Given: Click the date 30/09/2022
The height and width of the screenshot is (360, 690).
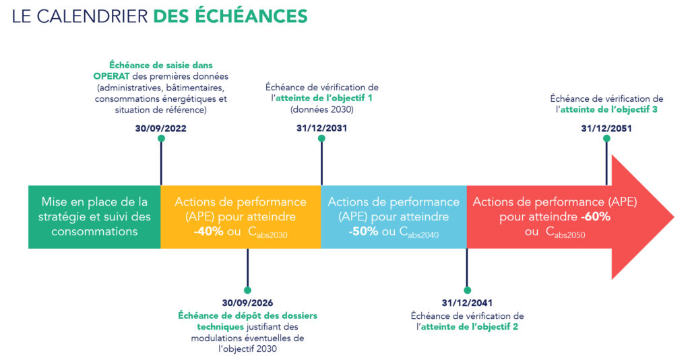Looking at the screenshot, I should pyautogui.click(x=160, y=127).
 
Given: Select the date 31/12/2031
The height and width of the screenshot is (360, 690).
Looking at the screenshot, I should pyautogui.click(x=321, y=127).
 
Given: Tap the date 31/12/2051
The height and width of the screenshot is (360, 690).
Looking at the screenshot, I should pyautogui.click(x=606, y=128).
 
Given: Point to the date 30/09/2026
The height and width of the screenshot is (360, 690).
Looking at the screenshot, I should pyautogui.click(x=247, y=303).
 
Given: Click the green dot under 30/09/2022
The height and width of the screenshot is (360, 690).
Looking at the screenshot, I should pyautogui.click(x=160, y=138).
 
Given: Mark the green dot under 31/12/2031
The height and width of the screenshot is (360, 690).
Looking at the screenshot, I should pyautogui.click(x=321, y=138).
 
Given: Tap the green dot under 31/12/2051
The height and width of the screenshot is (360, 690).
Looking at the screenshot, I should pyautogui.click(x=606, y=138).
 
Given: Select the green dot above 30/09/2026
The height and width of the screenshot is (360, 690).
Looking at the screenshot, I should pyautogui.click(x=247, y=290).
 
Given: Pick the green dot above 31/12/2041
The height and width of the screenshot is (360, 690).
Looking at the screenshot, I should pyautogui.click(x=466, y=290).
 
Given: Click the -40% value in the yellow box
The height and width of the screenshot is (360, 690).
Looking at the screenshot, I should pyautogui.click(x=209, y=232).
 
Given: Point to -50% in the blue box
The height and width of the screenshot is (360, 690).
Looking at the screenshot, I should pyautogui.click(x=363, y=232).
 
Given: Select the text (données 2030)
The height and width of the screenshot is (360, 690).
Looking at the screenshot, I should pyautogui.click(x=321, y=109).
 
